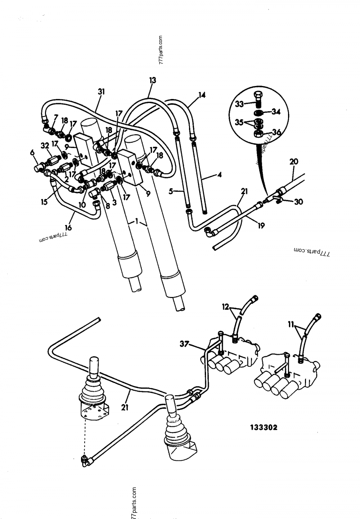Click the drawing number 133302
263,428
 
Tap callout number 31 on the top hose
101,91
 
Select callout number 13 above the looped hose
153,80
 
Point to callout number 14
202,95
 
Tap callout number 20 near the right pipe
293,162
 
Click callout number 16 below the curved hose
68,228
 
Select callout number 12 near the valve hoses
225,307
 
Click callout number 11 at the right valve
291,324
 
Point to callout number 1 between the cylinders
135,222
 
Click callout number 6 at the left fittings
32,153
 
